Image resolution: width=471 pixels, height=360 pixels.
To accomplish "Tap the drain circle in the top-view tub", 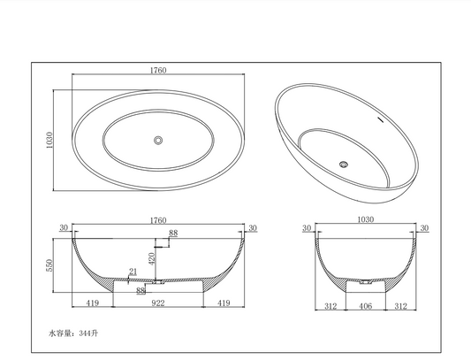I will pyautogui.click(x=159, y=140).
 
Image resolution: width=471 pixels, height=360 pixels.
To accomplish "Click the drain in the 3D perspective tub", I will pyautogui.click(x=344, y=163).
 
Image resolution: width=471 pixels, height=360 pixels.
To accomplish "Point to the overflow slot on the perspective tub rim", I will pyautogui.click(x=382, y=118).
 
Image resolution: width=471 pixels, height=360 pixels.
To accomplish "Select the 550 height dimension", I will pyautogui.click(x=51, y=264).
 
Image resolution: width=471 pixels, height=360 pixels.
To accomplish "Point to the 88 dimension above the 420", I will pyautogui.click(x=173, y=233).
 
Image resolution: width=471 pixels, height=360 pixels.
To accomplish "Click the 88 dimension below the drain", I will pyautogui.click(x=141, y=289).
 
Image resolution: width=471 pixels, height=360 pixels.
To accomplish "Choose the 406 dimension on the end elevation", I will pyautogui.click(x=365, y=306).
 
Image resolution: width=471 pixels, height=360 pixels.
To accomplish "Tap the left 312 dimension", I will pyautogui.click(x=329, y=306).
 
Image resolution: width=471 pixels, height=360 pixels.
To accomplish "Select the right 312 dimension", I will pyautogui.click(x=402, y=306).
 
